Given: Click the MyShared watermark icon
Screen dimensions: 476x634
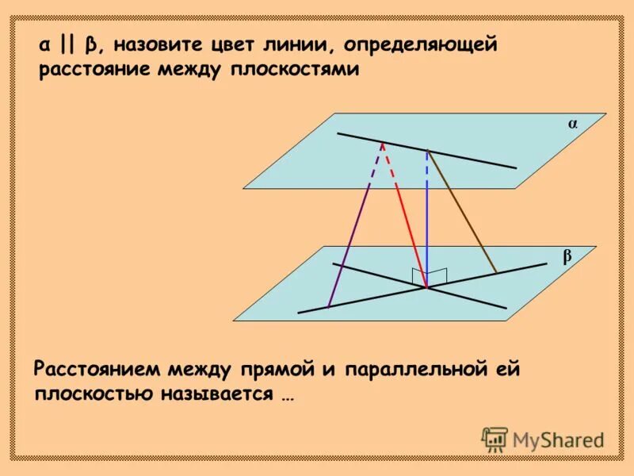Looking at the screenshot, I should (x=495, y=439).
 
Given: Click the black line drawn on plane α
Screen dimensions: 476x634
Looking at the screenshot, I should (x=475, y=159).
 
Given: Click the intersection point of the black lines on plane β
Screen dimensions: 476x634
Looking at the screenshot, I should (x=427, y=288).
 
